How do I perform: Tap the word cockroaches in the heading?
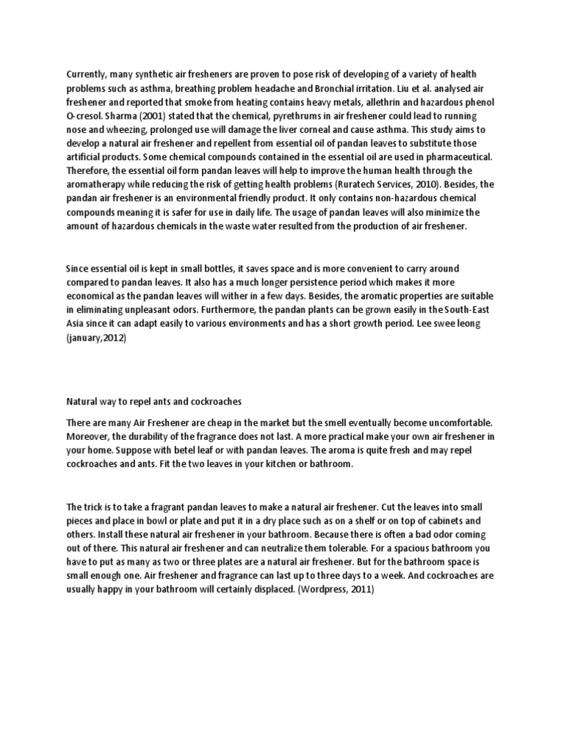tap(214, 402)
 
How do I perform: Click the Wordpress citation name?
tap(328, 591)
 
